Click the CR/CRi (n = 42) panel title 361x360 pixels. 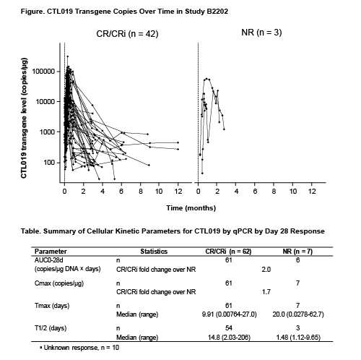[127, 34]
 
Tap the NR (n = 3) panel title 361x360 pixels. [261, 33]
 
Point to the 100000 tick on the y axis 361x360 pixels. [43, 72]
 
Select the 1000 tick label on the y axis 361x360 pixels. [48, 132]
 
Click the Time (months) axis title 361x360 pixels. [191, 208]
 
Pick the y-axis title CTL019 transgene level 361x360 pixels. [24, 118]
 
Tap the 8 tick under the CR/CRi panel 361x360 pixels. [141, 192]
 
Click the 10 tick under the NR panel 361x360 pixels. [293, 192]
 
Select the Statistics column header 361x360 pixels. [154, 252]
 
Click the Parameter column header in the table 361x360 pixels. [51, 252]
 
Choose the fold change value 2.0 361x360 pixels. [266, 269]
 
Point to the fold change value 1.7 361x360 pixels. [266, 292]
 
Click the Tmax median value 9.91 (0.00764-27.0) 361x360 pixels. [230, 314]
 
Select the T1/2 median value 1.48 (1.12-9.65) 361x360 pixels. [298, 337]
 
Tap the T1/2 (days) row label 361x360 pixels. [51, 328]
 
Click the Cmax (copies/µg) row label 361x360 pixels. [59, 283]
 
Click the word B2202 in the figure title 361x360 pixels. [217, 12]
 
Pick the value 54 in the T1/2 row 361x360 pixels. [229, 328]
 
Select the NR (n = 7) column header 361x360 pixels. [297, 252]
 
